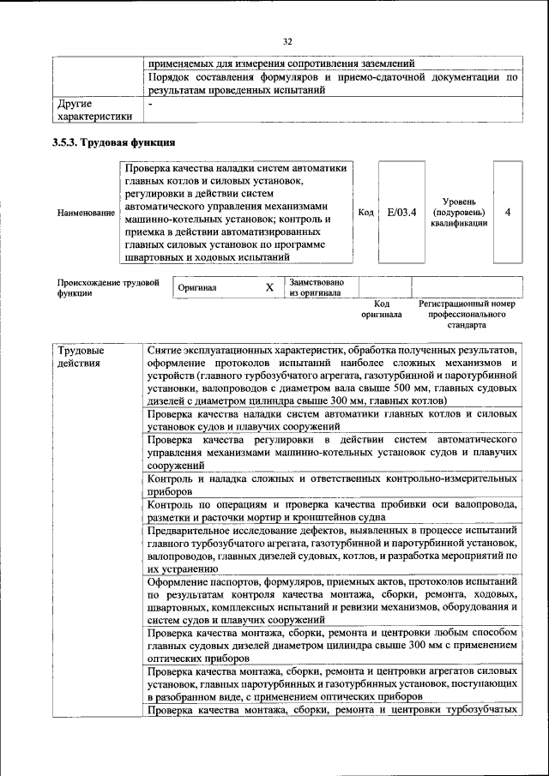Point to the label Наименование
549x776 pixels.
[85, 213]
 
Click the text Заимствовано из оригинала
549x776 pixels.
[317, 287]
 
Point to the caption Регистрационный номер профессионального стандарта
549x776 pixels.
[467, 314]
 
